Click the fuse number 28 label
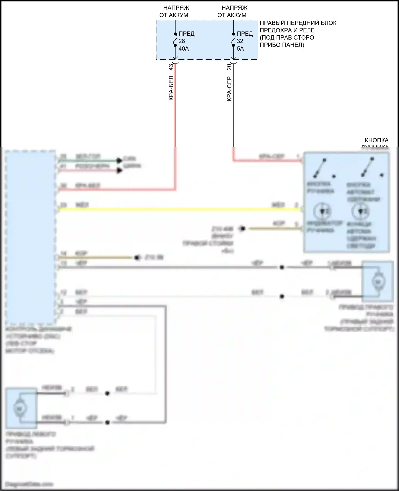click(x=182, y=41)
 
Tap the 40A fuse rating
click(x=184, y=48)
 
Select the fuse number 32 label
click(x=240, y=41)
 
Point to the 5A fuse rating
click(x=240, y=48)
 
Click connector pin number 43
click(x=171, y=67)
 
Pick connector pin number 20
click(x=229, y=67)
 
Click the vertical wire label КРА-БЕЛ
click(x=171, y=88)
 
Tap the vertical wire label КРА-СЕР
click(x=229, y=89)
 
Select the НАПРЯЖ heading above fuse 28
click(x=176, y=8)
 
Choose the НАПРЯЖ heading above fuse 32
click(x=234, y=8)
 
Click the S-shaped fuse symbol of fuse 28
click(x=175, y=40)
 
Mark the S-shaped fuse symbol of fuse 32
click(x=233, y=40)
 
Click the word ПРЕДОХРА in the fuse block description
click(x=275, y=30)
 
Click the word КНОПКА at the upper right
click(x=376, y=140)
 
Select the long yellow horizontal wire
click(x=178, y=209)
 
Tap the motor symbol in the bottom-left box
click(x=19, y=408)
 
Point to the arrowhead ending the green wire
click(x=119, y=160)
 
